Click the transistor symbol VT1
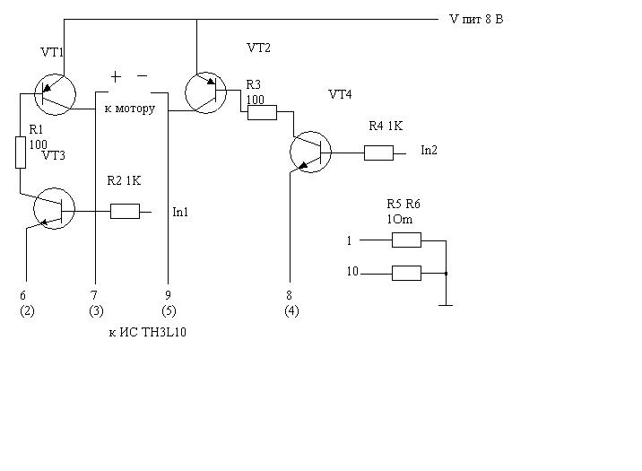click(x=53, y=92)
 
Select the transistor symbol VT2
click(x=204, y=92)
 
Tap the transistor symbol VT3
click(x=53, y=209)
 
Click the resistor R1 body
click(x=20, y=153)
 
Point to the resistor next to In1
click(x=125, y=212)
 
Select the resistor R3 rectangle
click(x=262, y=112)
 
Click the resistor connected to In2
click(x=378, y=153)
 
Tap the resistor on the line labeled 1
click(x=406, y=240)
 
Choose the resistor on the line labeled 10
click(x=406, y=273)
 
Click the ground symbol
click(x=444, y=305)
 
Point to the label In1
click(x=181, y=213)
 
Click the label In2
click(x=429, y=151)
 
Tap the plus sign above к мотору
click(x=116, y=76)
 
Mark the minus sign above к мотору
click(x=142, y=76)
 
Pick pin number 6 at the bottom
click(x=24, y=294)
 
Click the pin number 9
click(x=167, y=294)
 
